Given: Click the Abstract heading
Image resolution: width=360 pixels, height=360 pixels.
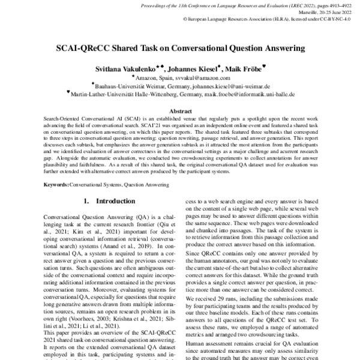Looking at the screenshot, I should coord(180,112).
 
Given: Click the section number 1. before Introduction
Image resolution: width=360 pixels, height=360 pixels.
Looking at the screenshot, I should coord(86,200).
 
